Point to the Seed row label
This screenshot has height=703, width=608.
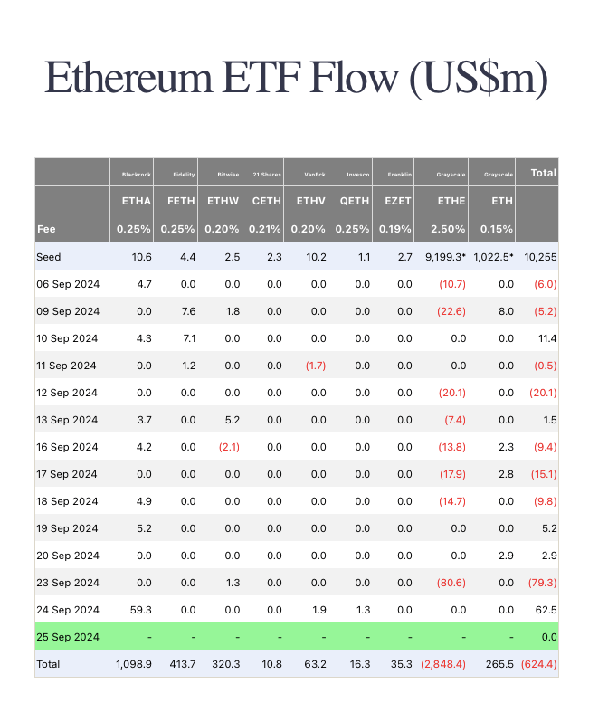(49, 257)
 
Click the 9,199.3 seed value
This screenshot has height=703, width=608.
(446, 257)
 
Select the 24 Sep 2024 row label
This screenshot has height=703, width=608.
(67, 610)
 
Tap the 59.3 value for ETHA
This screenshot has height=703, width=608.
(140, 610)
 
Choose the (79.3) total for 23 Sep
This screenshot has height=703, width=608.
(542, 583)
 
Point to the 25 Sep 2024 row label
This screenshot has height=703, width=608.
(67, 637)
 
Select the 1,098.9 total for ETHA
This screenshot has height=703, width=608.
(134, 664)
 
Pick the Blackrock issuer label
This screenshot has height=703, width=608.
(137, 174)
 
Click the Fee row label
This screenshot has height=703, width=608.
(46, 230)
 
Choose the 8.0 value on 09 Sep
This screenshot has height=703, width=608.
(505, 311)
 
